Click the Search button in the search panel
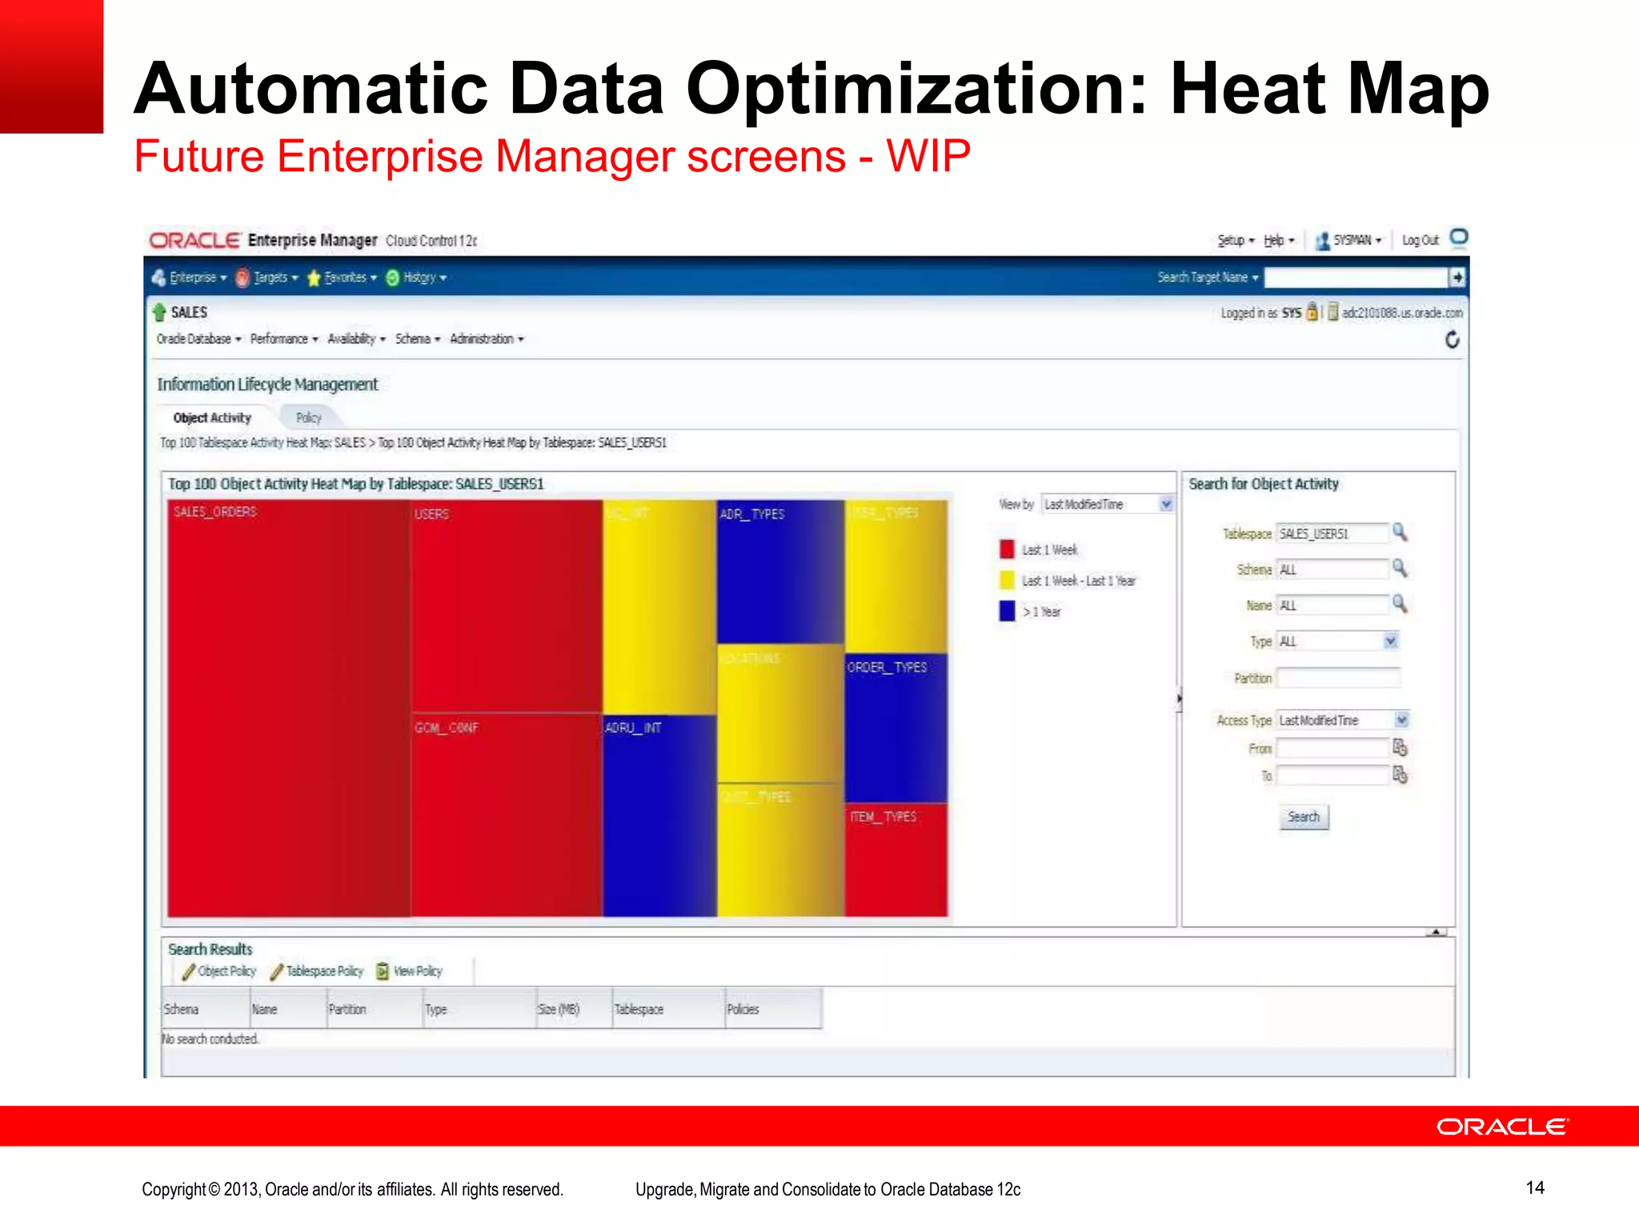[1304, 817]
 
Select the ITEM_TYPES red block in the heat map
[896, 859]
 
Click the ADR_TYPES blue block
[780, 571]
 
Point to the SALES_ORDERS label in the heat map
[215, 512]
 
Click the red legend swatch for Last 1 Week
[1007, 550]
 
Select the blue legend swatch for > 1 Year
[1007, 611]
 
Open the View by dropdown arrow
[1166, 504]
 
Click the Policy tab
[309, 418]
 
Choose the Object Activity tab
[212, 418]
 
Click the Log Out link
[1420, 240]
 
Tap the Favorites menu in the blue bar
[345, 278]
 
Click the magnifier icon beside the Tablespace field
[1400, 532]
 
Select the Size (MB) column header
[559, 1009]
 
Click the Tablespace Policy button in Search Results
[318, 971]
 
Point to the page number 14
[1534, 1187]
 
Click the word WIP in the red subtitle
[928, 156]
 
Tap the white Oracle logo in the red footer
[1502, 1127]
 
